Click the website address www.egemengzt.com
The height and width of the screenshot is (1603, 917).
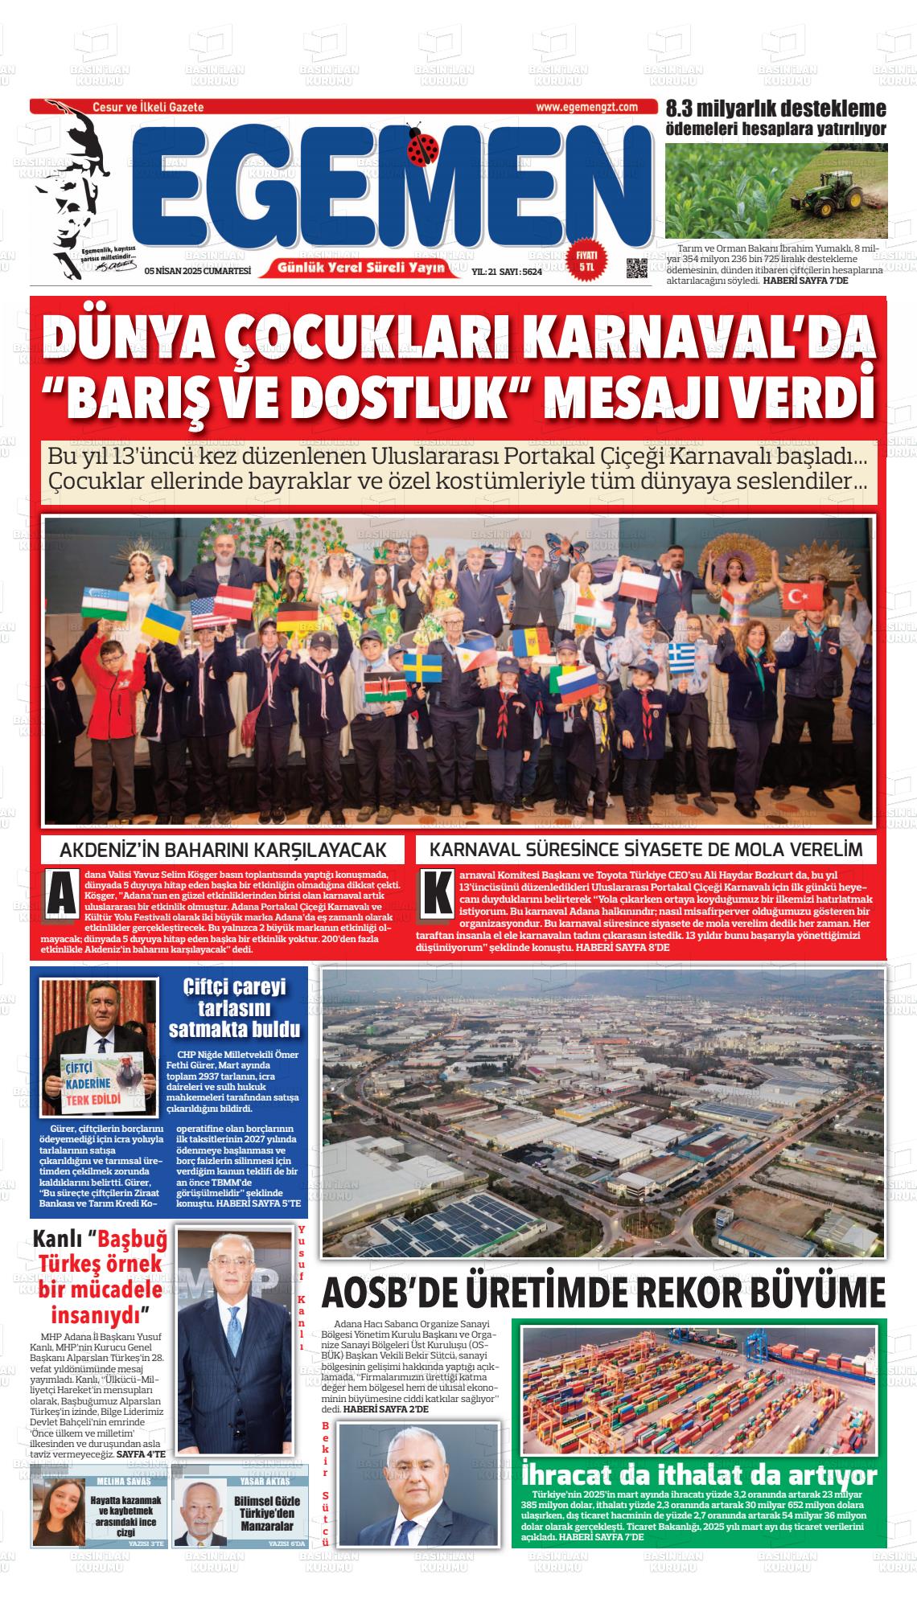coord(586,107)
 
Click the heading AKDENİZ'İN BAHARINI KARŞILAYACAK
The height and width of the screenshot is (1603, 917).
coord(223,850)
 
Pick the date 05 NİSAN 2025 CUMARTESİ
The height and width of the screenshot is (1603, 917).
coord(197,272)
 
